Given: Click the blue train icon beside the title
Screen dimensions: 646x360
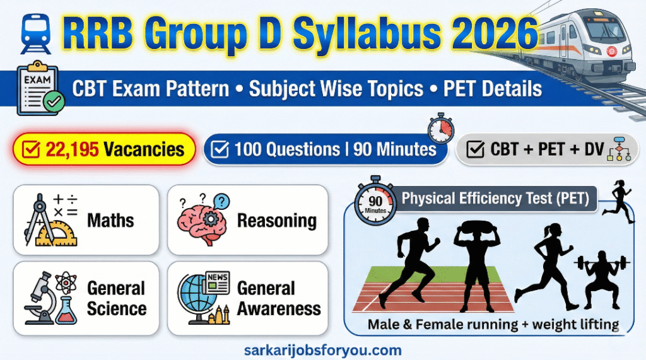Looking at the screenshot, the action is (x=36, y=34).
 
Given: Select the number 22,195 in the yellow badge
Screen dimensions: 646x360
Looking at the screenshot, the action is (x=72, y=149).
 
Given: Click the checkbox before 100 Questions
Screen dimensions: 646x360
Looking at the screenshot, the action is (x=220, y=149).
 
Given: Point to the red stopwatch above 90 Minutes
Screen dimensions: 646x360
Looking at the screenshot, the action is (x=441, y=128).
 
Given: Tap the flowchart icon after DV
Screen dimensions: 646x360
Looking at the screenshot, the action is (x=619, y=149).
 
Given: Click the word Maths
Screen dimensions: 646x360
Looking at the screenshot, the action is (x=110, y=221).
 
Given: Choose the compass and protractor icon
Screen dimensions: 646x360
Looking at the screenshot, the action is (x=50, y=220).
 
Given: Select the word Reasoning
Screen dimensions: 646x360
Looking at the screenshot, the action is (x=277, y=221).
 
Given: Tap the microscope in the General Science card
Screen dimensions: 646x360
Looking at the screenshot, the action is (x=41, y=299).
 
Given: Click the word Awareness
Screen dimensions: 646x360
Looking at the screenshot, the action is (x=279, y=309).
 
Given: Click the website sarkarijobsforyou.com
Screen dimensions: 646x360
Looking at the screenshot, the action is (x=323, y=351).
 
